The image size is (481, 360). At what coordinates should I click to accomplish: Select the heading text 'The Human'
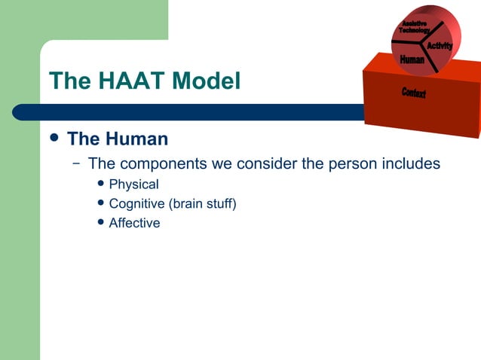point(117,139)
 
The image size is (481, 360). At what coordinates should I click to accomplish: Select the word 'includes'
point(412,163)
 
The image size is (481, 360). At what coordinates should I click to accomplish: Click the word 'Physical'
point(133,184)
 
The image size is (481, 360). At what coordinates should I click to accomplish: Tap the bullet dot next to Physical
point(101,184)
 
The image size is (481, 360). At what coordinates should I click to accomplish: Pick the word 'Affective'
point(134,223)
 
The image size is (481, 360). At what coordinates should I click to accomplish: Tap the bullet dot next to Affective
point(101,223)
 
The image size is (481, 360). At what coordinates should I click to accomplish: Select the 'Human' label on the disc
point(412,59)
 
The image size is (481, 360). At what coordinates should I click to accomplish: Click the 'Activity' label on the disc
point(440,47)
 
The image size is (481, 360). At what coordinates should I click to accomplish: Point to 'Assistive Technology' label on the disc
point(415,26)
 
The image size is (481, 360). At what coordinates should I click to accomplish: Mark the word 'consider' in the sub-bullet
point(263,164)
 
